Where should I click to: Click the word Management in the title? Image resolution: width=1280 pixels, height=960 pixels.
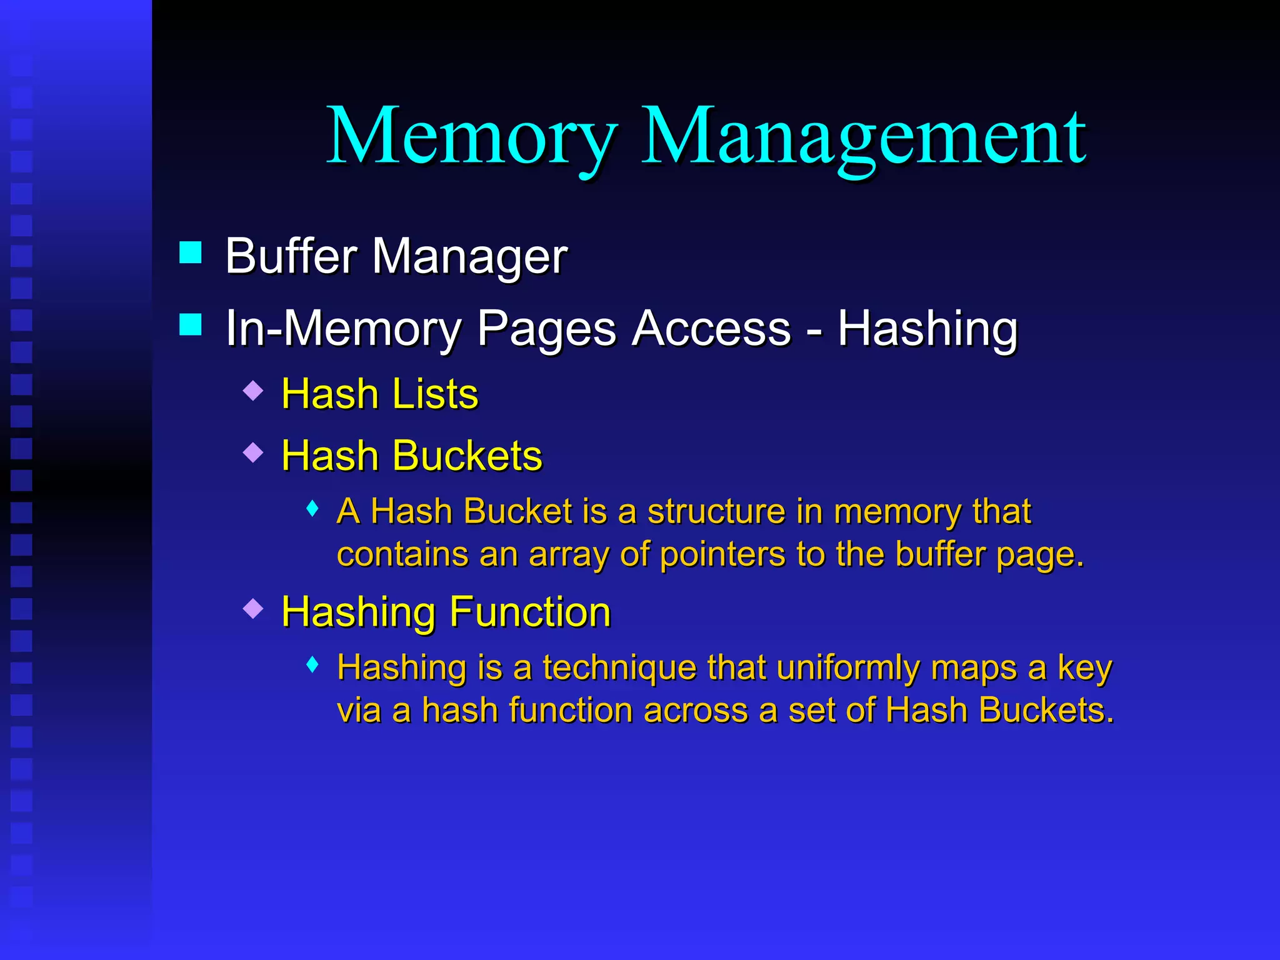pos(864,136)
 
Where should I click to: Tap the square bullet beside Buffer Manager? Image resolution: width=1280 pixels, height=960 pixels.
pos(190,252)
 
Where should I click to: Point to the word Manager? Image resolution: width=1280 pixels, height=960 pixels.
pos(470,257)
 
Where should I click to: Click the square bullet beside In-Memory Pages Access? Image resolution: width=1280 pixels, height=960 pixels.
pos(190,324)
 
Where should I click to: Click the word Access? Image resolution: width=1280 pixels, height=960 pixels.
pos(711,328)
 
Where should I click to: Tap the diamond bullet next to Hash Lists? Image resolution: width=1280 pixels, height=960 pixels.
pos(253,391)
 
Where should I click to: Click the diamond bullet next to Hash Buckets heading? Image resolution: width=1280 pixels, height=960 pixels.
pos(253,452)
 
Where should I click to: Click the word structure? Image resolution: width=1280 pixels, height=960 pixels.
pos(716,511)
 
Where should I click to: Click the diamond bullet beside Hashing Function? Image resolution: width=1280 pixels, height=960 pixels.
pos(253,608)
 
